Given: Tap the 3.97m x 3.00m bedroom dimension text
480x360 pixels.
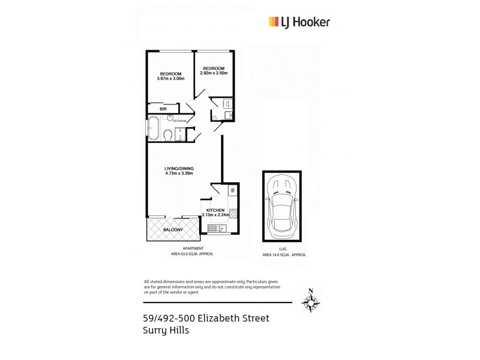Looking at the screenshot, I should pyautogui.click(x=170, y=78).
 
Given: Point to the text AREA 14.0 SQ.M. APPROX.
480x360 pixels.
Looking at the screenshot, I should pyautogui.click(x=284, y=255).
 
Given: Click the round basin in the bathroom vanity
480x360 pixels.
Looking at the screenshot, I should pyautogui.click(x=170, y=116).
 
